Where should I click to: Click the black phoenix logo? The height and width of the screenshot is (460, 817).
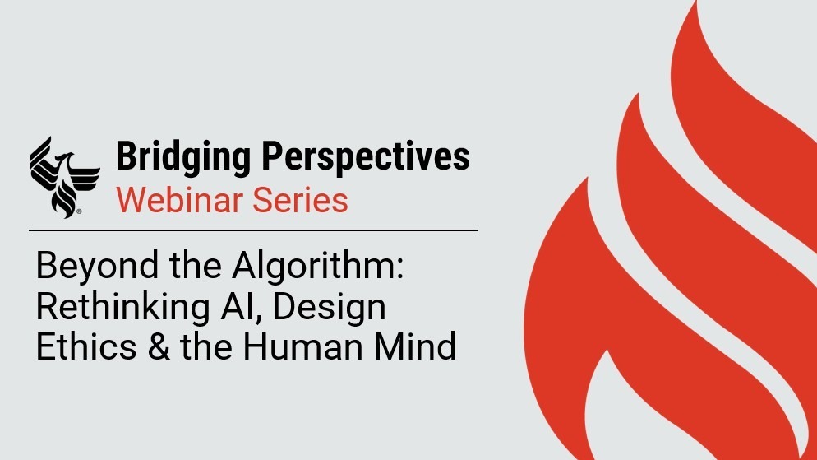(64, 177)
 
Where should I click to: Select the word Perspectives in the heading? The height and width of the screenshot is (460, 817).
(365, 157)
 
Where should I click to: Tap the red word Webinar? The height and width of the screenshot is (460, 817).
(179, 200)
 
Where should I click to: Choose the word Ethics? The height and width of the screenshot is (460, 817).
(86, 346)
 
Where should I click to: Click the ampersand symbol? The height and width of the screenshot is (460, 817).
(159, 346)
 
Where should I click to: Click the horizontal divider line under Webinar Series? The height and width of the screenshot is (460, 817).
(253, 230)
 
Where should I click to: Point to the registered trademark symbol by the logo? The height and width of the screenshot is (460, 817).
(79, 211)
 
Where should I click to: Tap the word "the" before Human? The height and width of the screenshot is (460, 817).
(206, 346)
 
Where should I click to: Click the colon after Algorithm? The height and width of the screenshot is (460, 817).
(400, 271)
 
